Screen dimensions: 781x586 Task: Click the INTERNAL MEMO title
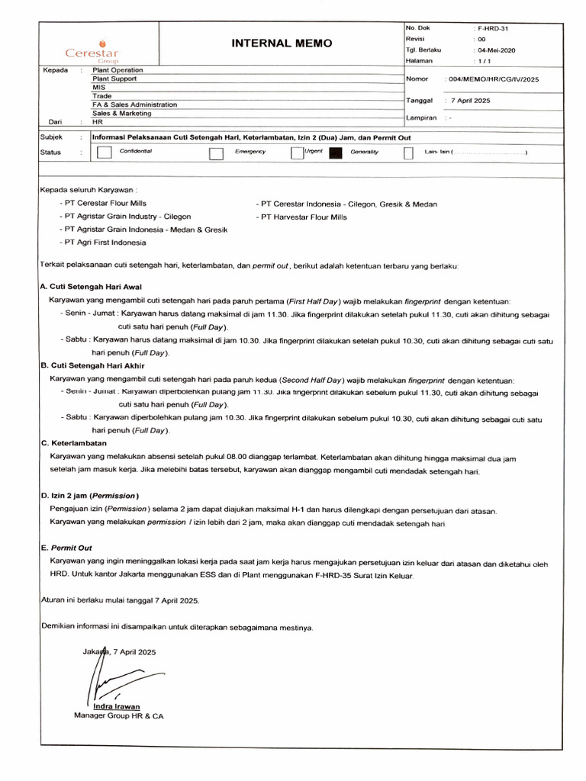[x=282, y=43]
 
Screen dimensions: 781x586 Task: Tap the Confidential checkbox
[x=105, y=153]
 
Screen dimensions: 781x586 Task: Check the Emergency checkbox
[x=215, y=153]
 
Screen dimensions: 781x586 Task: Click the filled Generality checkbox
[x=336, y=153]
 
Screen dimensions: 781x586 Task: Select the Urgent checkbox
[x=297, y=153]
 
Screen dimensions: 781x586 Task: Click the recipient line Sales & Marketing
[x=121, y=113]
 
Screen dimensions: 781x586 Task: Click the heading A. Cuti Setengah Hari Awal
[x=91, y=287]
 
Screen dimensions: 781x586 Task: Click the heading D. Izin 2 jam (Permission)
[x=89, y=495]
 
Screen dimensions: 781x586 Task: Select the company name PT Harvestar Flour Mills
[x=304, y=217]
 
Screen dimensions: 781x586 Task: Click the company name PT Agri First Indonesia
[x=105, y=242]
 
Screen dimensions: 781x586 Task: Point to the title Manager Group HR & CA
[x=118, y=716]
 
